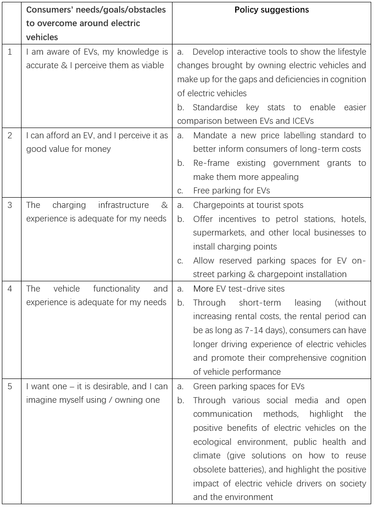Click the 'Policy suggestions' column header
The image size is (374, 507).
[x=272, y=10]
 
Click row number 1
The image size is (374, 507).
[x=10, y=51]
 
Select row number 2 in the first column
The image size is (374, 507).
[x=10, y=136]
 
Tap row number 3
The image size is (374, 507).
[x=10, y=205]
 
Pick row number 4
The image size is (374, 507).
[x=10, y=289]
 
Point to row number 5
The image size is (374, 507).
[x=10, y=386]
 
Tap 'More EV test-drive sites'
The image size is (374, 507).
[x=239, y=289]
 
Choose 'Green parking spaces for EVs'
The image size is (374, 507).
[x=249, y=386]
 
